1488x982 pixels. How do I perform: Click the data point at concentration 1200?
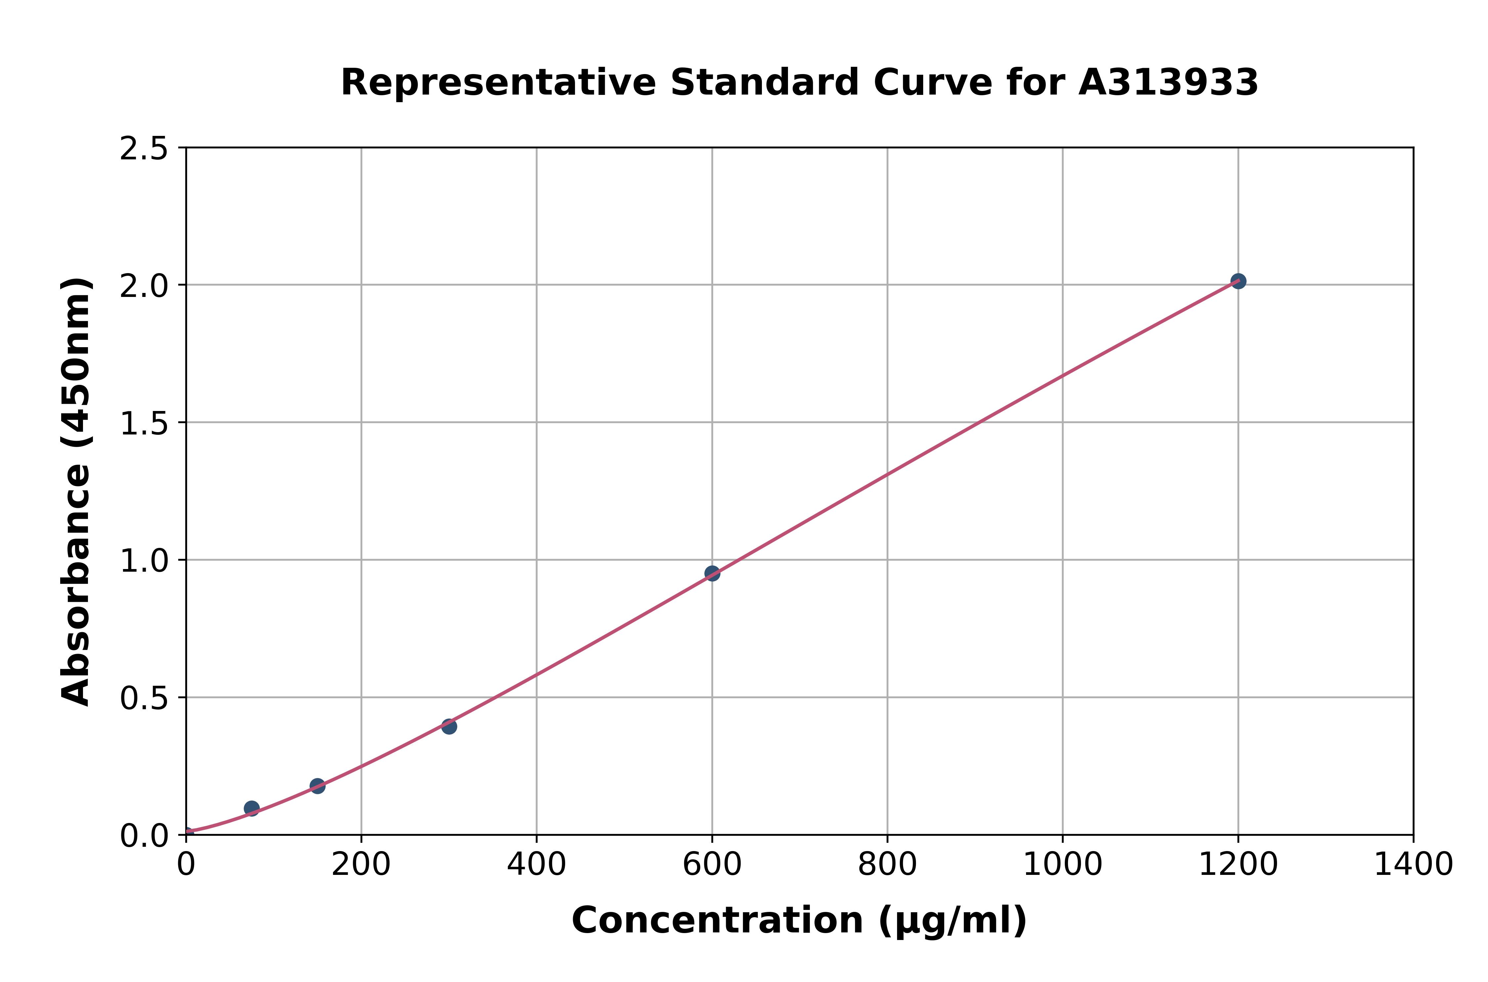tap(1237, 281)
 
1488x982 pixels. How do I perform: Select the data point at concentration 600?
tap(712, 573)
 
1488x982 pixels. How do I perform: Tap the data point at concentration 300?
tap(449, 726)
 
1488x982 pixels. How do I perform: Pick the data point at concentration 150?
tap(317, 786)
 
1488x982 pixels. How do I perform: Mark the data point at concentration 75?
tap(252, 808)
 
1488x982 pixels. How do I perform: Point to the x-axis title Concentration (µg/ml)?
tap(799, 921)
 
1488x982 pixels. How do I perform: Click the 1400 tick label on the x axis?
tap(1413, 865)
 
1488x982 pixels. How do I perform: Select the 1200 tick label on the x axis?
tap(1237, 865)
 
